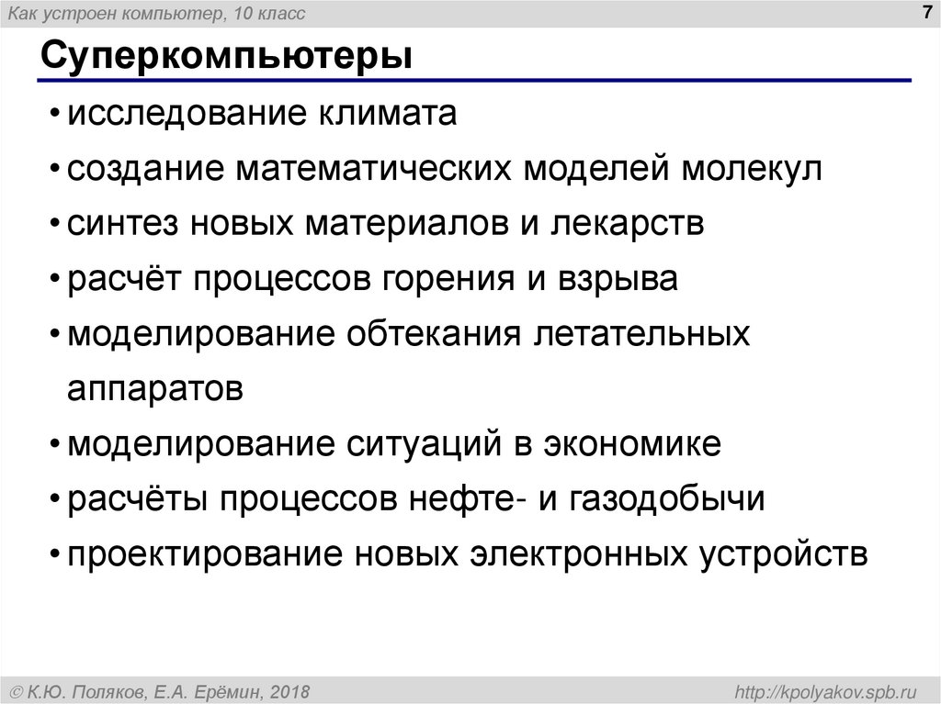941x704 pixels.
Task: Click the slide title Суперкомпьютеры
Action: tap(225, 58)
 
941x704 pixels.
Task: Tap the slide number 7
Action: tap(921, 12)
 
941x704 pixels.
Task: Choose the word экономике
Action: tap(633, 443)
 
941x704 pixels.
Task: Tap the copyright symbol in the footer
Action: tap(17, 689)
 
